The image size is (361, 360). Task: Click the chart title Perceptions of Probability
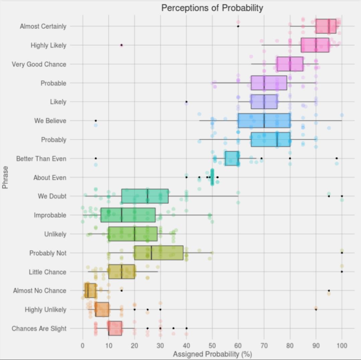(212, 8)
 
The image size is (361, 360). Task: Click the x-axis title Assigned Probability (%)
(212, 354)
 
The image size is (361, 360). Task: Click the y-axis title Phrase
(5, 177)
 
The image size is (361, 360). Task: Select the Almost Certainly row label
(43, 26)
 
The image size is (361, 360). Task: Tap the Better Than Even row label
(41, 159)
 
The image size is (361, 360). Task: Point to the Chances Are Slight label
(39, 329)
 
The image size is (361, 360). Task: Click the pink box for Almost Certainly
(326, 26)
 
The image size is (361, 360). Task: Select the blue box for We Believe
(264, 121)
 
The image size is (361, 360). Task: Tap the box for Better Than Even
(232, 158)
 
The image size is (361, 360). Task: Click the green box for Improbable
(128, 215)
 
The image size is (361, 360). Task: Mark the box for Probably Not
(159, 253)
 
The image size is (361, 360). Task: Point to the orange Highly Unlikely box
(102, 310)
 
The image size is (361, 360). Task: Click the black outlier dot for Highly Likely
(122, 45)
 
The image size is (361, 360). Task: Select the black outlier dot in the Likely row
(187, 102)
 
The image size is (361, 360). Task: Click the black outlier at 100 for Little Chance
(342, 272)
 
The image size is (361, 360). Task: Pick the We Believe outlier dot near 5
(96, 121)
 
